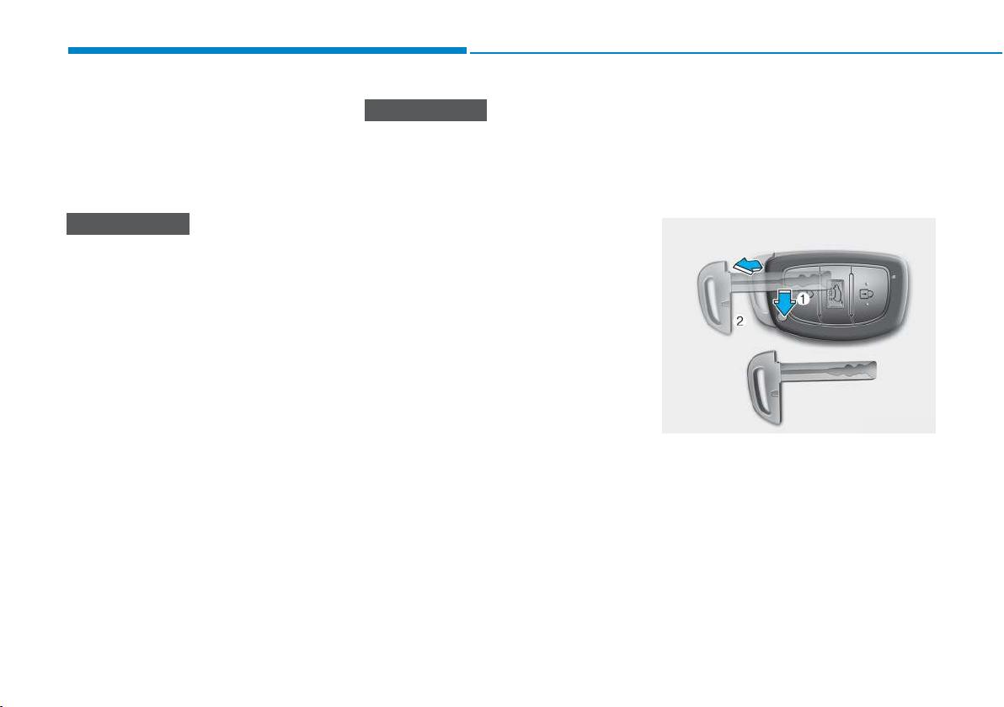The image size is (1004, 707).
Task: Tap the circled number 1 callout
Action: pyautogui.click(x=803, y=297)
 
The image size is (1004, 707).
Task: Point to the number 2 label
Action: pyautogui.click(x=740, y=322)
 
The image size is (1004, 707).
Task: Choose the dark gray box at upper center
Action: pyautogui.click(x=426, y=110)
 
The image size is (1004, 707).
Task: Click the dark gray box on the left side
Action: pyautogui.click(x=128, y=224)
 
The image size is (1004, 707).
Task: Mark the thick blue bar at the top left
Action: pyautogui.click(x=267, y=50)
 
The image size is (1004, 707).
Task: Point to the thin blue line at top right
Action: pyautogui.click(x=736, y=52)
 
